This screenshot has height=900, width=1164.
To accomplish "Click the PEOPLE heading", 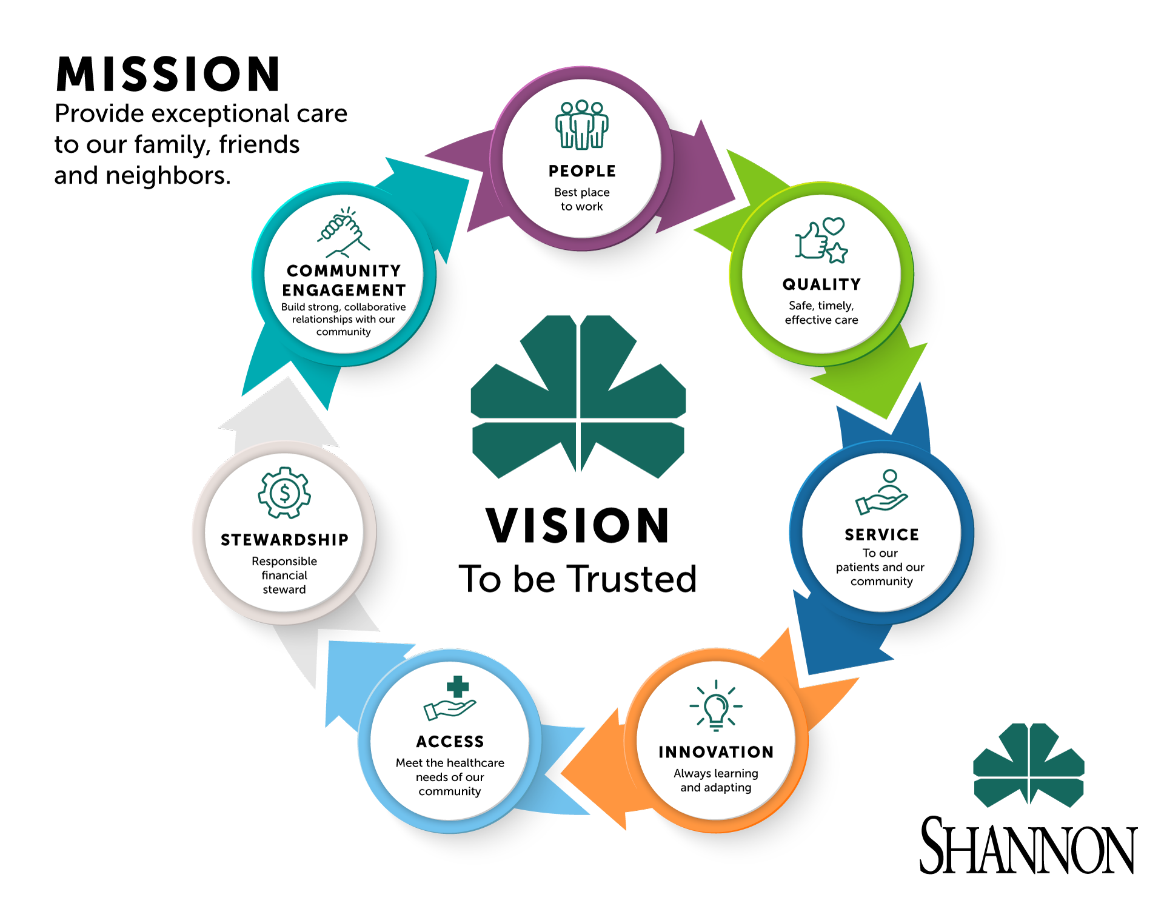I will click(x=582, y=171).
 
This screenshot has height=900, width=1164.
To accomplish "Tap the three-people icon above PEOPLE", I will click(x=582, y=124).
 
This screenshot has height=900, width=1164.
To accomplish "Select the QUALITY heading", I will click(x=821, y=284).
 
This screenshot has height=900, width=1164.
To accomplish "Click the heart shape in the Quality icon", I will click(x=834, y=226).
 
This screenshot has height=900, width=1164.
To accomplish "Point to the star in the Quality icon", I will click(x=837, y=253).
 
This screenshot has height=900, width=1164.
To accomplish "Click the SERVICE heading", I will click(x=881, y=534).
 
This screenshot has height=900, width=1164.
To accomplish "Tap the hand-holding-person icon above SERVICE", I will click(x=882, y=492).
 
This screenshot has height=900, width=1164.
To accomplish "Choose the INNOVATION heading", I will click(x=716, y=752).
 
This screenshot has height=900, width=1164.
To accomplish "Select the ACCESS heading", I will click(x=450, y=742).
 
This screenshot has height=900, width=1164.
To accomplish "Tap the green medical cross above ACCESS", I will click(x=458, y=687).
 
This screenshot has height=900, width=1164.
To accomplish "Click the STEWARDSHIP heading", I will click(x=284, y=540).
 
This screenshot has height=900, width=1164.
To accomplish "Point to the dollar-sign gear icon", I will click(x=284, y=492).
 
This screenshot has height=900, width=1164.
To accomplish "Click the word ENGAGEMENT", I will click(x=344, y=290).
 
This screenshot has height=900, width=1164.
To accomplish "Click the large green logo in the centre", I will click(x=579, y=397).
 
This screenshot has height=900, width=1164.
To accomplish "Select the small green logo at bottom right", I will click(x=1029, y=765).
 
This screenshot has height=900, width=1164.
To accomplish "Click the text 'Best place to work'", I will click(x=582, y=200).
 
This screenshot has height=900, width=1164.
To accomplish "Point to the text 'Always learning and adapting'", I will click(x=716, y=781).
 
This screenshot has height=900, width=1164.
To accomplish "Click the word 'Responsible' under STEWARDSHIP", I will click(x=284, y=562).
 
